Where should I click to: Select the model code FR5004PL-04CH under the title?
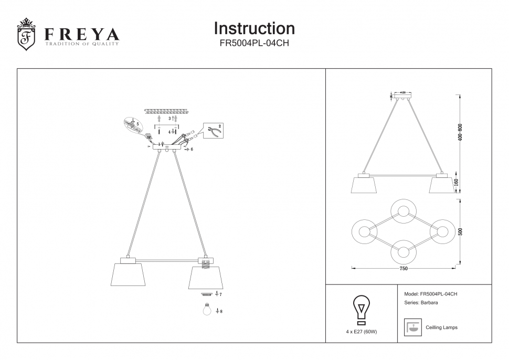point(254,44)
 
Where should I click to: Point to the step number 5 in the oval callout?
point(137,124)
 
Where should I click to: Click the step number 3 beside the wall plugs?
point(169,119)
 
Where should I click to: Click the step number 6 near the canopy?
point(192,150)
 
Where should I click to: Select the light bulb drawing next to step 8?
point(207,310)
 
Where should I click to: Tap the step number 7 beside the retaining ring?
point(220,295)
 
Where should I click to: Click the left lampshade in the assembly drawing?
point(128,274)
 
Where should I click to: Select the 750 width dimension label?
point(403,269)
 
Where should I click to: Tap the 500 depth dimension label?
point(460,231)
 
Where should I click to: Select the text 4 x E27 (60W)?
point(361,332)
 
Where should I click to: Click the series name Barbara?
point(429,303)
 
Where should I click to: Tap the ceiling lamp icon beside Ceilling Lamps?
point(412,327)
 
